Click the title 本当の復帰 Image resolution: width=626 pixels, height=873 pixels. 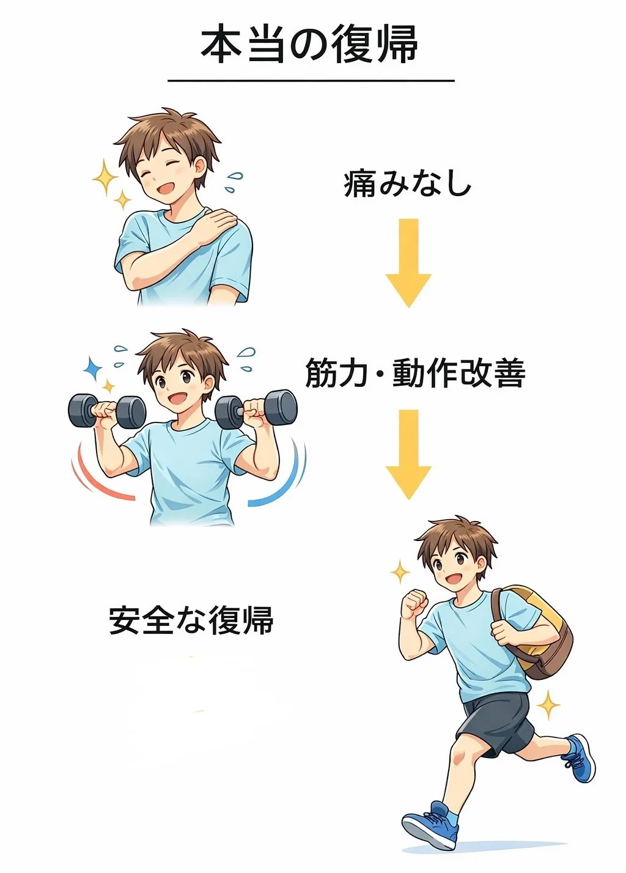pyautogui.click(x=309, y=43)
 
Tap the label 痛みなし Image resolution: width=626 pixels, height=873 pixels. pyautogui.click(x=408, y=184)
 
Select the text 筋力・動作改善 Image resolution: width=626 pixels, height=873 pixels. pyautogui.click(x=415, y=373)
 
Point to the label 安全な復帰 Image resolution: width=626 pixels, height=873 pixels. pyautogui.click(x=191, y=620)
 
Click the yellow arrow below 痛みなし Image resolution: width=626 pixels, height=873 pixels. pyautogui.click(x=408, y=263)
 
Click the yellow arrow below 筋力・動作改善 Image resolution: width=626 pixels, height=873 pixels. pyautogui.click(x=408, y=454)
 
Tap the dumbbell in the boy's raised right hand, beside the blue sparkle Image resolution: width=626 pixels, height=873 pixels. pyautogui.click(x=107, y=411)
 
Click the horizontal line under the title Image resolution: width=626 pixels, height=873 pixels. pyautogui.click(x=311, y=81)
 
